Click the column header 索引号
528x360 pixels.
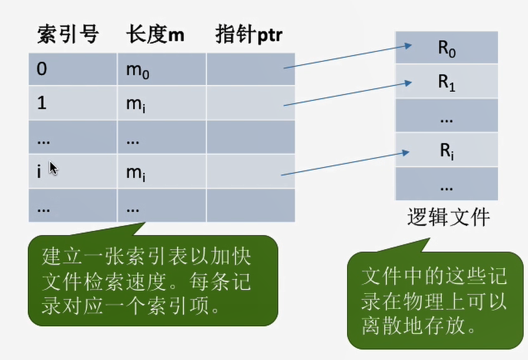67,35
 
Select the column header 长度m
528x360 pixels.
155,35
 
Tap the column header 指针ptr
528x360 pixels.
248,35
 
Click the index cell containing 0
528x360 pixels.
73,70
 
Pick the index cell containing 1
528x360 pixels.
73,103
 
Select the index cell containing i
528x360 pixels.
73,172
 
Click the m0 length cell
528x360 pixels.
161,70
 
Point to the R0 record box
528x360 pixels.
447,48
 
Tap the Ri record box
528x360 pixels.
447,150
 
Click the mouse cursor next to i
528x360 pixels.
53,168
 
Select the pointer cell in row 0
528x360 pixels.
250,70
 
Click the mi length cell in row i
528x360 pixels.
161,172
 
